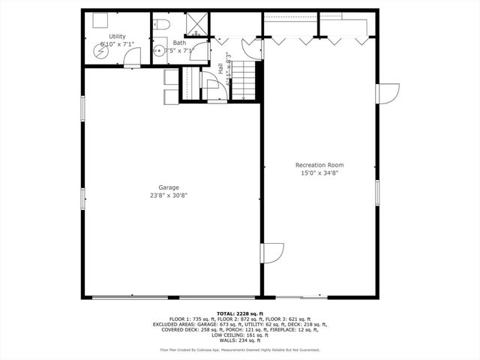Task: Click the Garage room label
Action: click(168, 187)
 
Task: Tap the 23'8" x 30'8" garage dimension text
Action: click(168, 196)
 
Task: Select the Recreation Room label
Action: click(319, 165)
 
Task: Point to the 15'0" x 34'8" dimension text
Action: click(319, 173)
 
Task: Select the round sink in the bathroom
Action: click(159, 51)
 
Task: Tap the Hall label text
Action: click(220, 68)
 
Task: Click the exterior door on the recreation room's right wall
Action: click(387, 94)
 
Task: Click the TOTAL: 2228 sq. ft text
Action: click(239, 313)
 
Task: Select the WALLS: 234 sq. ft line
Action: click(239, 340)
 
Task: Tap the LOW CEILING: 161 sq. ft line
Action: click(239, 335)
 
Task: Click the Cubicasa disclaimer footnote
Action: click(239, 350)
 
